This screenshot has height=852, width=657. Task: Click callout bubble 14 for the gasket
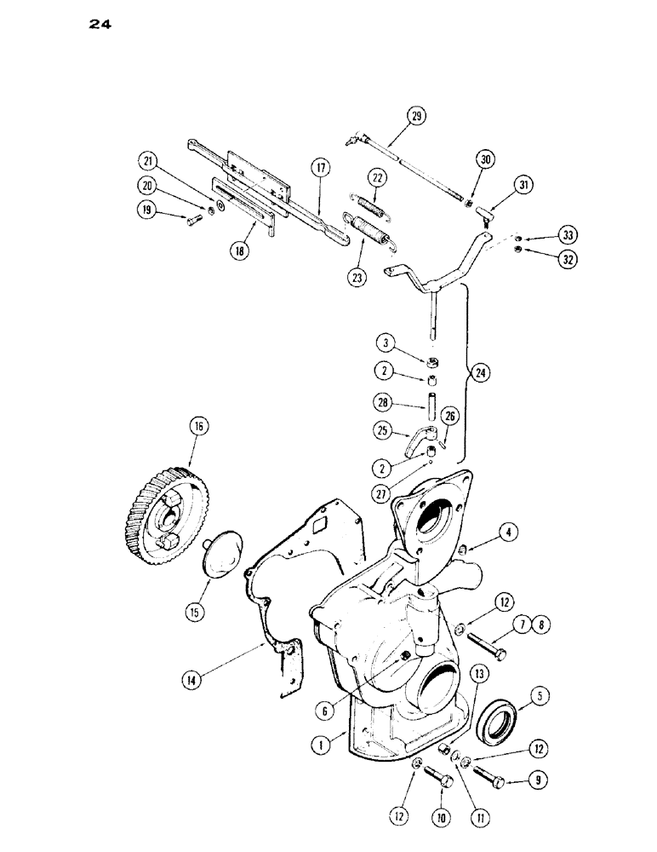pyautogui.click(x=191, y=679)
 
